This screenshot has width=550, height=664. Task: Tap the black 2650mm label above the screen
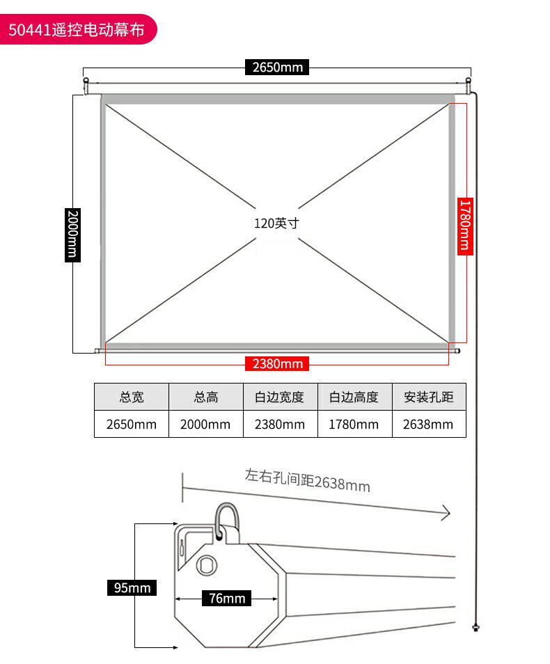click(277, 67)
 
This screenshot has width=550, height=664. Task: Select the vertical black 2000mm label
click(72, 235)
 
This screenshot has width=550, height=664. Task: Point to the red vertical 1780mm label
click(465, 226)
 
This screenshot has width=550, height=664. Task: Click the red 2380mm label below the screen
click(277, 363)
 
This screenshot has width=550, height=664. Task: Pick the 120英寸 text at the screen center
click(276, 223)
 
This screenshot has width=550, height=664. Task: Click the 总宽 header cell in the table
click(132, 397)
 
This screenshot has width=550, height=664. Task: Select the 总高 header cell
click(206, 397)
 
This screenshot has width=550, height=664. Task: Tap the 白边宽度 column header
click(280, 397)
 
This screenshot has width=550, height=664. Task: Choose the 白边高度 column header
click(354, 397)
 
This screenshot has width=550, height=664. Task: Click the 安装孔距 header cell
click(429, 397)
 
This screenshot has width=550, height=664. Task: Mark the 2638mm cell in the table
click(429, 424)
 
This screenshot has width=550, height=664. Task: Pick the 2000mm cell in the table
click(206, 424)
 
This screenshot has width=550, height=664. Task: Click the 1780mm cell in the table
click(354, 424)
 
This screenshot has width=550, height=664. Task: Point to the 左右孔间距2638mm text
click(308, 481)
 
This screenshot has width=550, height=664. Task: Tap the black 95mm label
click(132, 587)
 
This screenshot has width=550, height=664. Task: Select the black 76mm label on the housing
click(227, 598)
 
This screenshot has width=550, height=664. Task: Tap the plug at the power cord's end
click(476, 627)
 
